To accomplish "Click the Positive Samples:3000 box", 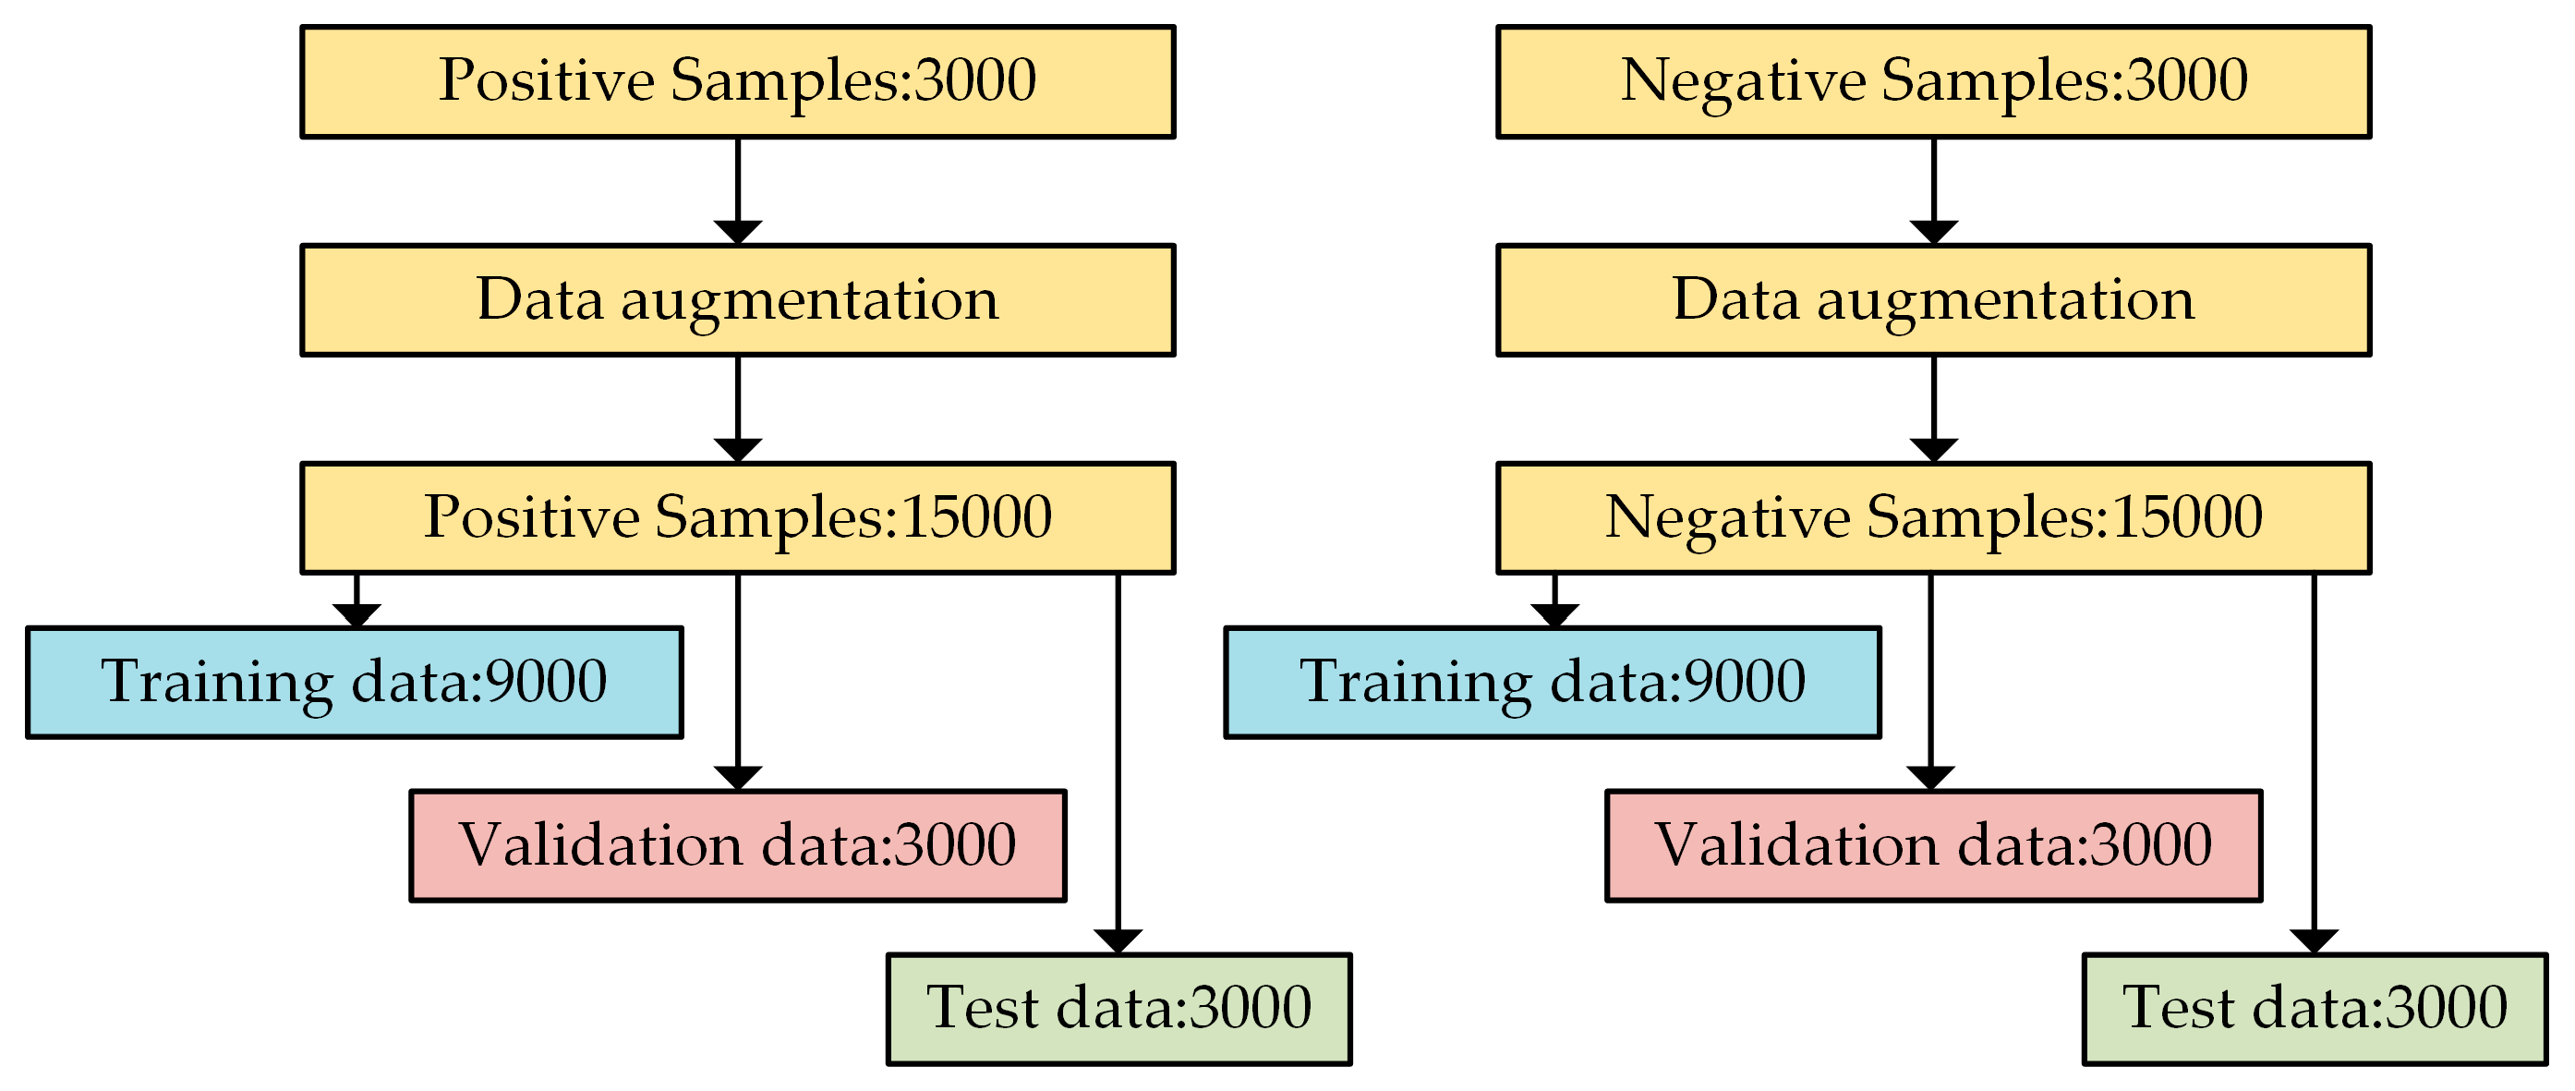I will (737, 82).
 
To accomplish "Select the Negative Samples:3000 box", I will (1932, 82).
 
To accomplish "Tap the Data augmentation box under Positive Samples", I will (737, 300).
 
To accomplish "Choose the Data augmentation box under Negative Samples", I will (1932, 300).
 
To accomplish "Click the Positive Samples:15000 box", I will (737, 518).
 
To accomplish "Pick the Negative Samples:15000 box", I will (1932, 518).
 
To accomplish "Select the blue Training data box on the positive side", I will (354, 682).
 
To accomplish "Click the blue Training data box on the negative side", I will (1552, 682).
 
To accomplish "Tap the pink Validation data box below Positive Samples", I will (737, 845).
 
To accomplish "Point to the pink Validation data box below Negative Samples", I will (1932, 845).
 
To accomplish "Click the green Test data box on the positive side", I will (1118, 1008).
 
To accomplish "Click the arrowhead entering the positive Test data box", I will (1118, 941).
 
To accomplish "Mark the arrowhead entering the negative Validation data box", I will (1929, 778).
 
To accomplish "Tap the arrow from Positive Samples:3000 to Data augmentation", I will (738, 190).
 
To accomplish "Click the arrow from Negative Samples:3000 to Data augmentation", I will (1933, 190).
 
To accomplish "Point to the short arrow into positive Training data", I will (357, 603).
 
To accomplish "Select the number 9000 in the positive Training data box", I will (545, 682).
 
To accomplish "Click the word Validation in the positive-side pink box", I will (599, 845).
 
